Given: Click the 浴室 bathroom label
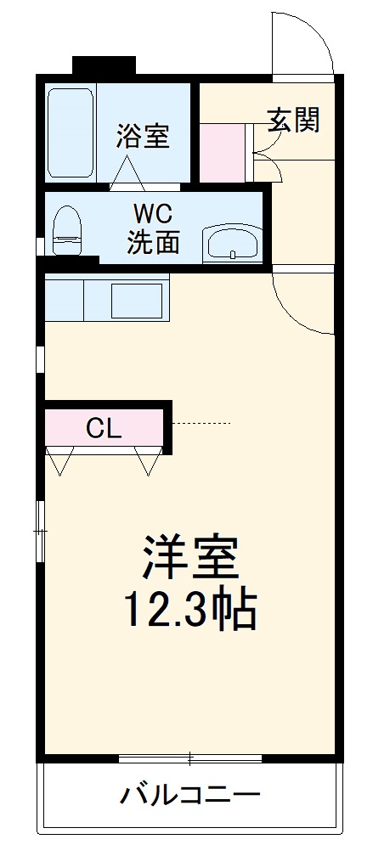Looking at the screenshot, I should [x=143, y=137].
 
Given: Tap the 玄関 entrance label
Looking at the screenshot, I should [x=294, y=121].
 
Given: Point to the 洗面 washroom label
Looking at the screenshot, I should [x=154, y=242].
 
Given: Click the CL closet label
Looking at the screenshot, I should [x=104, y=428].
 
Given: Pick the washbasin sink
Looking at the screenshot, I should [x=231, y=243].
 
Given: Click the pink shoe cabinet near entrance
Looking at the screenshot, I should [x=222, y=152].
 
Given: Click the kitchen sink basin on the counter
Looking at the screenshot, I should [x=136, y=300].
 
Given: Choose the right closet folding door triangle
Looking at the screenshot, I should [x=148, y=461].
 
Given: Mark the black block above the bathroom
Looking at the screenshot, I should [x=105, y=65].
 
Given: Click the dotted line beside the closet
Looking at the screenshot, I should [x=202, y=423].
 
